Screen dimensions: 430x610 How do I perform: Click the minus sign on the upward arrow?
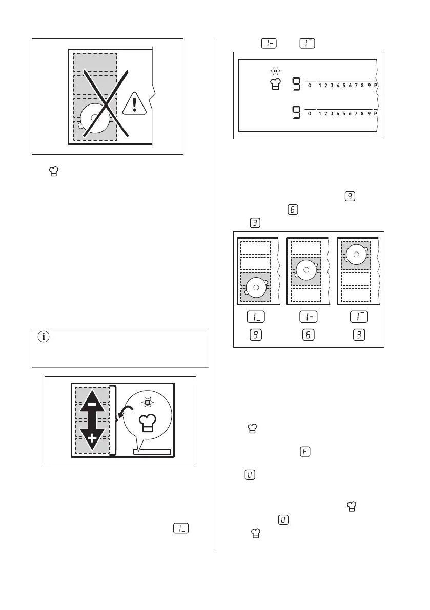pos(92,404)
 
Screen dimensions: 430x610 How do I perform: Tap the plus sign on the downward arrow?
pos(92,438)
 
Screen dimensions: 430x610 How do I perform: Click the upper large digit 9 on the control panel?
pos(296,84)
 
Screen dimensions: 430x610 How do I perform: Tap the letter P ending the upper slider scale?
pos(376,85)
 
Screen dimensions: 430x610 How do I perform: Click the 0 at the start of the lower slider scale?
pos(310,114)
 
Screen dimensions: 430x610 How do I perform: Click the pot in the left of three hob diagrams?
pos(256,287)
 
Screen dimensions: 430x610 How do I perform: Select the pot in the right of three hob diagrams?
pos(355,253)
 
